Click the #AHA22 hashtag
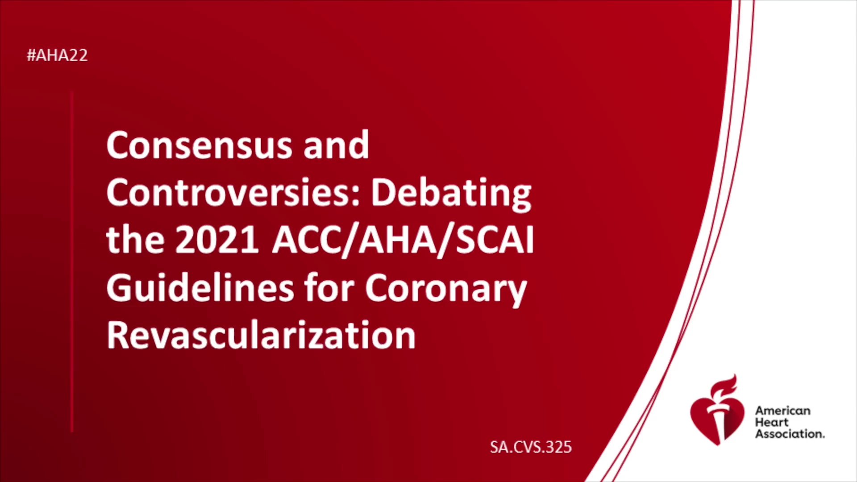pos(57,55)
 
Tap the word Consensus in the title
pos(199,145)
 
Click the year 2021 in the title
pos(217,240)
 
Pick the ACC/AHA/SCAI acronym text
pos(403,241)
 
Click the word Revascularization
pos(261,335)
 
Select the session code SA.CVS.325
pos(531,447)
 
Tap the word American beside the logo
pos(782,411)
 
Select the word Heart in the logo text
pos(771,422)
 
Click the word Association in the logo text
pos(790,434)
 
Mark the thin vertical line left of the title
pos(72,262)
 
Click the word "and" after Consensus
pos(336,145)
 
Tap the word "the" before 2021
pos(135,240)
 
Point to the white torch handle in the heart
pos(718,424)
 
